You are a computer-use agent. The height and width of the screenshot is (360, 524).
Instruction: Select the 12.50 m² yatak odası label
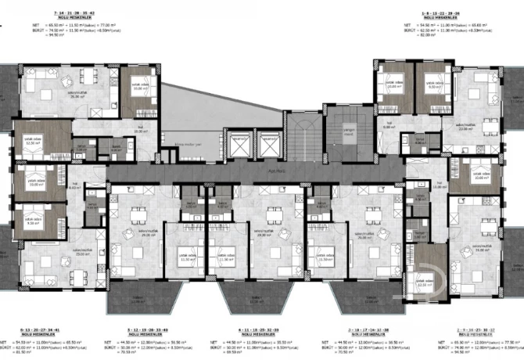(x=32, y=142)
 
